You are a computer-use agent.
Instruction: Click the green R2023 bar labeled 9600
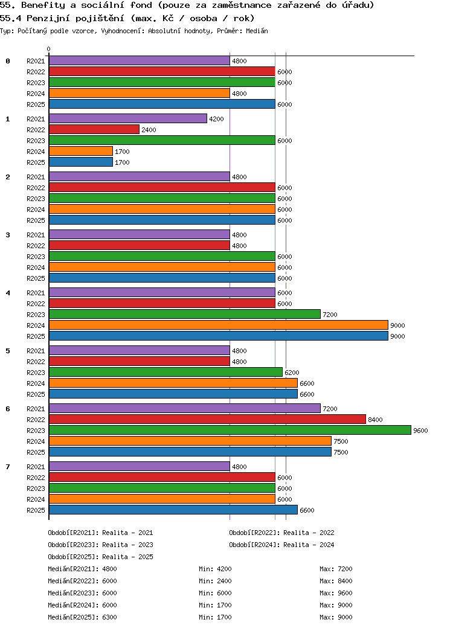[x=230, y=430]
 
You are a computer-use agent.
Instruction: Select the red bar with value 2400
[x=94, y=129]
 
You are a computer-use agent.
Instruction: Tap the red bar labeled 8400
[x=208, y=419]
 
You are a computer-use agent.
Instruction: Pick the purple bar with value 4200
[x=128, y=118]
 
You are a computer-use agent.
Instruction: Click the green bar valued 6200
[x=166, y=372]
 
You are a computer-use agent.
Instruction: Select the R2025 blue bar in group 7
[x=173, y=510]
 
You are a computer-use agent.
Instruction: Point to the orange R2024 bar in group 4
[x=219, y=325]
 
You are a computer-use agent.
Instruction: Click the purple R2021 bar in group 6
[x=185, y=409]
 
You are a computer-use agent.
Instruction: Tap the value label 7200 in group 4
[x=330, y=315]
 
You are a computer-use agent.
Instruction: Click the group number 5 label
[x=8, y=351]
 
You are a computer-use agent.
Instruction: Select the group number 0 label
[x=8, y=61]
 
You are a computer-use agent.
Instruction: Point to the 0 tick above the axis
[x=48, y=50]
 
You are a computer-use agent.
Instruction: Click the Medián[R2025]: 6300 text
[x=83, y=617]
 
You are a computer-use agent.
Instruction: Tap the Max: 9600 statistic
[x=336, y=593]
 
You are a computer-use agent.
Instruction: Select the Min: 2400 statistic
[x=215, y=581]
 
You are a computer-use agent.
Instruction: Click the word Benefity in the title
[x=43, y=5]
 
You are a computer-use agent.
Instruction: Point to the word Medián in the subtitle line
[x=257, y=31]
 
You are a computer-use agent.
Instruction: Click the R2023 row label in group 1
[x=36, y=141]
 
